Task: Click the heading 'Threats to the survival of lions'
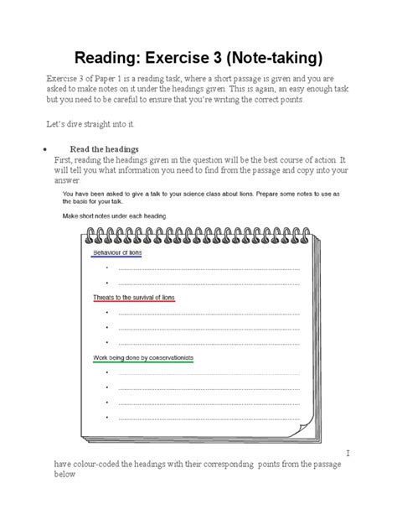tap(134, 297)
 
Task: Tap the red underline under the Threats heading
tap(134, 302)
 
